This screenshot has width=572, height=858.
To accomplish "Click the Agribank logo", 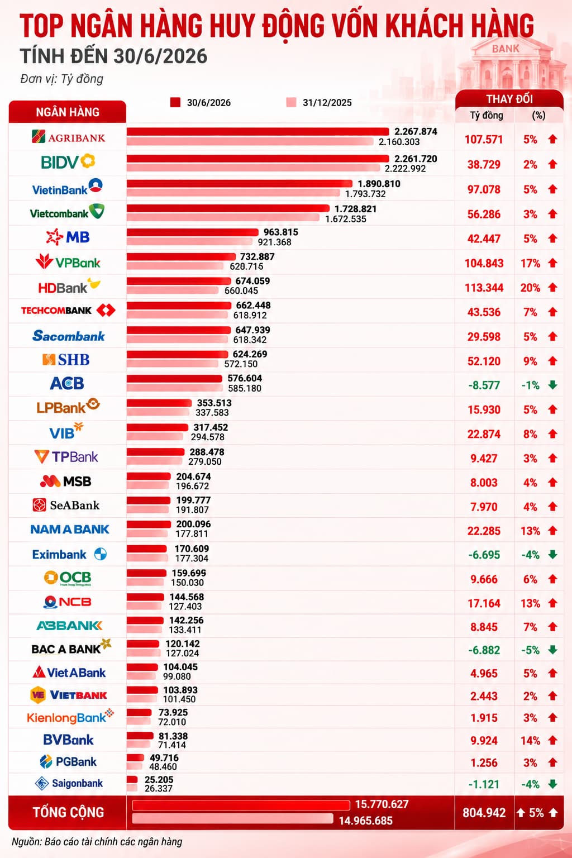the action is point(68,137).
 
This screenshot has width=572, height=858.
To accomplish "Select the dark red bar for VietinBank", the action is point(240,184).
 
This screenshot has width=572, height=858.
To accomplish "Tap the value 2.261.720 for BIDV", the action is point(416,159).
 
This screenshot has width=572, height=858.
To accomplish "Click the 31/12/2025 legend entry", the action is point(319,103).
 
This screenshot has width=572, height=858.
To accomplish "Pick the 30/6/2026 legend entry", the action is point(201,103).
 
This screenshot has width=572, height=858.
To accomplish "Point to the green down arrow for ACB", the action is point(552,385).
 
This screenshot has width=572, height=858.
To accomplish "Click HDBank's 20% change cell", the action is point(530,288).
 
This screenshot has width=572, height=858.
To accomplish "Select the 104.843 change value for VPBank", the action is point(484,264).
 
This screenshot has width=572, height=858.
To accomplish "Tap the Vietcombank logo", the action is point(67,212).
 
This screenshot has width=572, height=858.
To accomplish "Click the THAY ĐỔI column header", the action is point(509,99).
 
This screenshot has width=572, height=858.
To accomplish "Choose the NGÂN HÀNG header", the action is point(68,112).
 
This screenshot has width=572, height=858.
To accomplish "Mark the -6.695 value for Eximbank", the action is point(484,555).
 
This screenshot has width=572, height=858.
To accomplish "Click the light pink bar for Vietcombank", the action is point(223,218).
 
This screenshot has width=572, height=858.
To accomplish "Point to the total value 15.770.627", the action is point(382,804).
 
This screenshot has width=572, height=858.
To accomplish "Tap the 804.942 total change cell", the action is point(484,813).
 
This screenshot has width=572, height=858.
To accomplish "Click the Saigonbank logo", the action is point(69,783).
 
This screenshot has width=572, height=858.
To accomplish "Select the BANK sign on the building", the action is point(506,49).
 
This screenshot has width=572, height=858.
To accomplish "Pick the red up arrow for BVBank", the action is point(552,740).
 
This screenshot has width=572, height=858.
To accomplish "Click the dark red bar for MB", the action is point(193,232).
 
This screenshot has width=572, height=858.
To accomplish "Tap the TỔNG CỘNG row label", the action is point(68,812).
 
